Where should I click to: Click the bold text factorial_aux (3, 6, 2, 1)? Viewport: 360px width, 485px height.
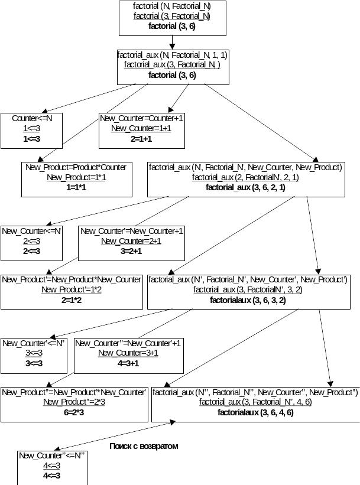(245, 187)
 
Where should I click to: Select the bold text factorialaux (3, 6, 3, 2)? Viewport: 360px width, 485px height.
(248, 300)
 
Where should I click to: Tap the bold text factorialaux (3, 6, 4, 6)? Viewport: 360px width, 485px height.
(255, 412)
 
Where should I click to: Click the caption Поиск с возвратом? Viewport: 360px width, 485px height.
(144, 446)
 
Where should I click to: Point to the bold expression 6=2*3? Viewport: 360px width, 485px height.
(74, 412)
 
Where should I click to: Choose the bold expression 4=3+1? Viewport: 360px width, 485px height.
(128, 363)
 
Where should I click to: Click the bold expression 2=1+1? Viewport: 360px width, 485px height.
(141, 139)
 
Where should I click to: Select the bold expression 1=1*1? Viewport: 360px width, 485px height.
(76, 187)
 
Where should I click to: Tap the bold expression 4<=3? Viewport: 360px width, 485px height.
(51, 476)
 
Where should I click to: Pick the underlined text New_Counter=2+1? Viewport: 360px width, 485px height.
(131, 241)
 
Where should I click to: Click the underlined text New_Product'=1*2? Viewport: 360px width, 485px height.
(72, 290)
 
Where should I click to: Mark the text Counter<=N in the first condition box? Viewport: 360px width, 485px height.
(32, 118)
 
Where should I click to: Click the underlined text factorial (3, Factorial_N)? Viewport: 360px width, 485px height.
(172, 16)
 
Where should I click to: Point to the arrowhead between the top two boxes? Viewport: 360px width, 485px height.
(172, 47)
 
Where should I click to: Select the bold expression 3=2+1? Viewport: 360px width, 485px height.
(131, 251)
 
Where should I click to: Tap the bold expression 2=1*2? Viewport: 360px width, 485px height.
(72, 300)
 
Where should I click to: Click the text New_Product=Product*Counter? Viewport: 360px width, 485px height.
(76, 167)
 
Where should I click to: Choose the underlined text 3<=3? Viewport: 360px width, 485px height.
(34, 353)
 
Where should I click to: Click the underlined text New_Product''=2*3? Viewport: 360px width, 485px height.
(74, 402)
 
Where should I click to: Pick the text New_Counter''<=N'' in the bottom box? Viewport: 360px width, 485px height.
(51, 455)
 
